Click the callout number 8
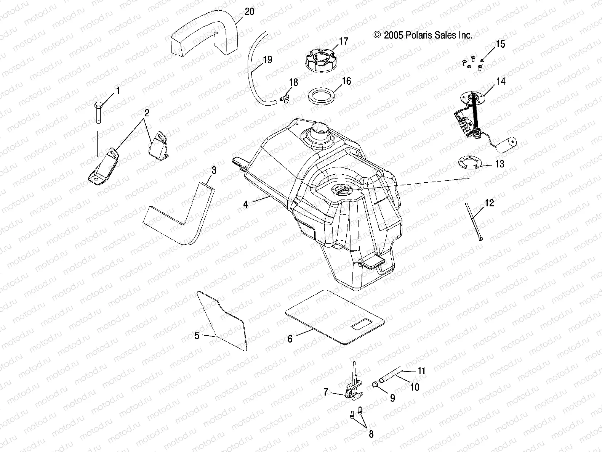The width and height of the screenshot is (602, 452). [x=371, y=434]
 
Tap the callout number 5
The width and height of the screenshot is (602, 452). [x=197, y=336]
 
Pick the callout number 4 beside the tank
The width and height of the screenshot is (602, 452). [x=245, y=205]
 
